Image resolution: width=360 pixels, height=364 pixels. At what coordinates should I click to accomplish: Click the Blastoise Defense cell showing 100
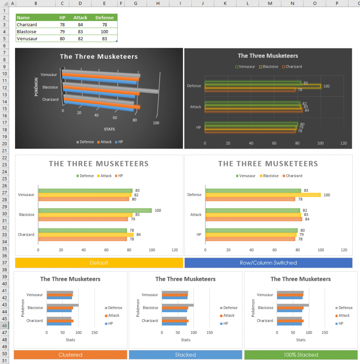104,32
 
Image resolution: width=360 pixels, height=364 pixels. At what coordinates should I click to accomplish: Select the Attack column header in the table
80,18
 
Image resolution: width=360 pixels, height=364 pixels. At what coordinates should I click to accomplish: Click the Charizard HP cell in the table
62,25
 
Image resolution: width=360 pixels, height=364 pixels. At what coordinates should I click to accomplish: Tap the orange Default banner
99,263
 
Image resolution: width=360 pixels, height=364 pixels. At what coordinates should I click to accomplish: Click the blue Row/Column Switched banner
268,263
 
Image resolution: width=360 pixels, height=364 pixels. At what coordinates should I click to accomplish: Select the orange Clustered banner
70,355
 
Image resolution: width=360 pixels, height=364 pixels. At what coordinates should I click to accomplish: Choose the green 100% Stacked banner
300,355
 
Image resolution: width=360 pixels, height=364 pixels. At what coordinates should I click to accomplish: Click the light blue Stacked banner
186,355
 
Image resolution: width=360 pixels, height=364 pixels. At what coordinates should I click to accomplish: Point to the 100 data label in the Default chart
158,210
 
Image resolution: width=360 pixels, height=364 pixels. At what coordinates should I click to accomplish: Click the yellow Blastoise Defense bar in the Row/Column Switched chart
263,195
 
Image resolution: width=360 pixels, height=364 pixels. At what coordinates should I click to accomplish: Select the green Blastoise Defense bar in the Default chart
95,210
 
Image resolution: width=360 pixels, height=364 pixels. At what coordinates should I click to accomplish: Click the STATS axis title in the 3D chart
109,129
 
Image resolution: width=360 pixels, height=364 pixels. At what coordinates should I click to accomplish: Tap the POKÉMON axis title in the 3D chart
36,87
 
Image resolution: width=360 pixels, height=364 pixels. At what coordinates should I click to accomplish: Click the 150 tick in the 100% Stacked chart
325,332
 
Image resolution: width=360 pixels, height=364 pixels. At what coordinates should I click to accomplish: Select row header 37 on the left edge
4,263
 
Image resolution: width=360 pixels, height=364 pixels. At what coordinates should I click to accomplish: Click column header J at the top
203,3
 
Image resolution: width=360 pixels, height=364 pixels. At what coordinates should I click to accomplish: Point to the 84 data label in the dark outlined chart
307,110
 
